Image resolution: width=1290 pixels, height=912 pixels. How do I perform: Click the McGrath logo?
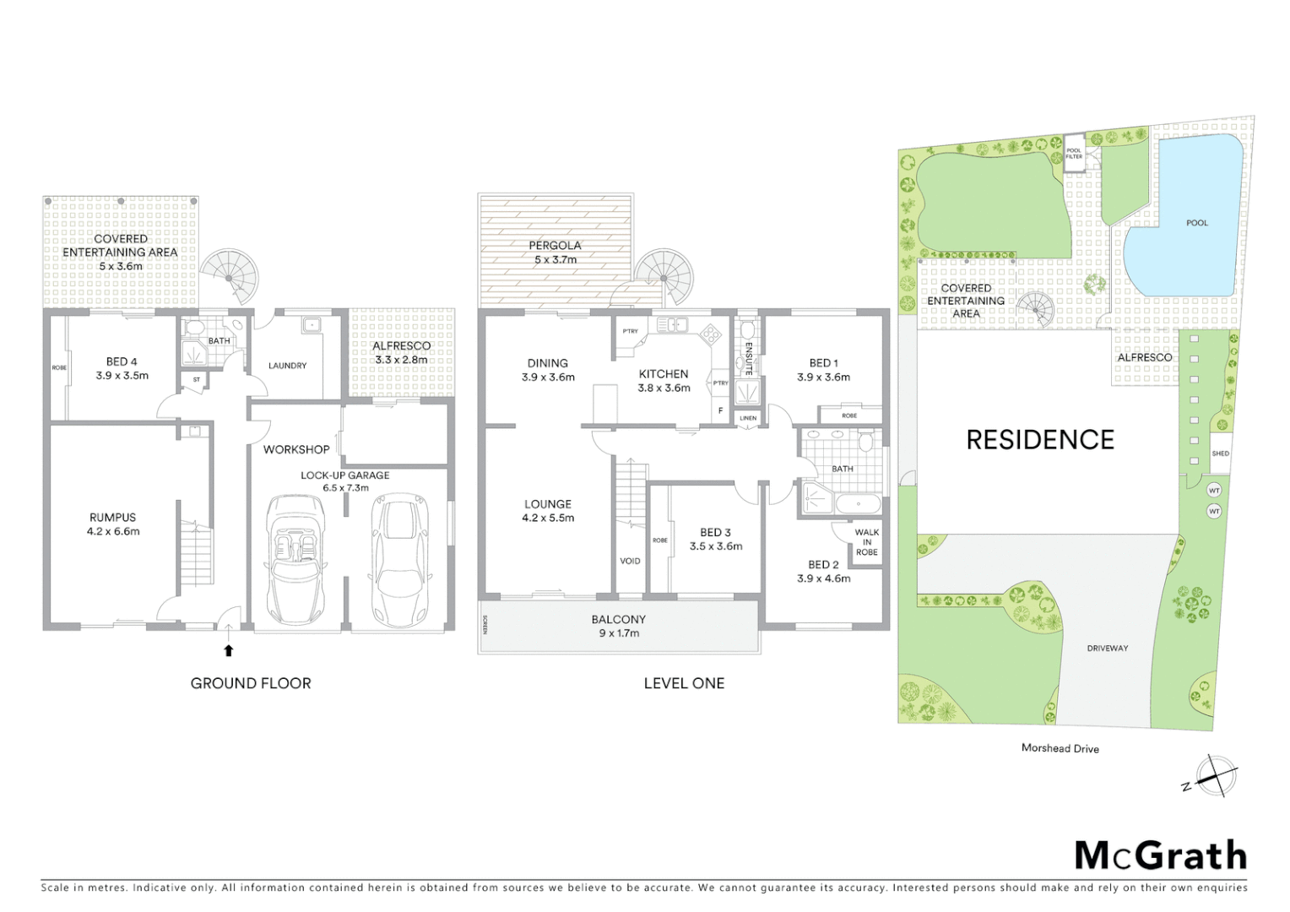coord(1160,855)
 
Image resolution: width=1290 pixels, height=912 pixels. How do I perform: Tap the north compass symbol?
coord(1212,775)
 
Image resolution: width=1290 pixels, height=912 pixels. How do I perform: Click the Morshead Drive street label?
coord(1060,748)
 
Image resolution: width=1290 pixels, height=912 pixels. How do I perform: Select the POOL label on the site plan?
coord(1196,223)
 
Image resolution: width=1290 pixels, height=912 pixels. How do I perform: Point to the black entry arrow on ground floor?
coord(228,649)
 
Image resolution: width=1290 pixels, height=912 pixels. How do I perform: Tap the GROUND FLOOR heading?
coord(251,683)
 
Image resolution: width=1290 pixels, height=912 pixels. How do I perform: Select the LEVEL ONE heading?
coord(684,683)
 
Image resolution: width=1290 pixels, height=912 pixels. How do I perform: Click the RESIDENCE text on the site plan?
coord(1040,439)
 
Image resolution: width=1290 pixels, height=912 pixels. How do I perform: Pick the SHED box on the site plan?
coord(1220,453)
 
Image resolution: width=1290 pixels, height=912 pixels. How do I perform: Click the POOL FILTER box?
coord(1073,153)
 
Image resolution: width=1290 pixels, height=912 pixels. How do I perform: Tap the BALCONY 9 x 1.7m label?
coord(618,626)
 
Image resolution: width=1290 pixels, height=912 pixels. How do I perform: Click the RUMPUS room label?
coord(112,524)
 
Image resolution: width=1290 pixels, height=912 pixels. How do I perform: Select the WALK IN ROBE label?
coord(866,542)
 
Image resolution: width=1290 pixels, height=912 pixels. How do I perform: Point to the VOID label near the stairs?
coord(630,561)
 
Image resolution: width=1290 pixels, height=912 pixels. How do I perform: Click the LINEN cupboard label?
coord(748,418)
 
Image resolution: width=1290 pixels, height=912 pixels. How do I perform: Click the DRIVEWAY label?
coord(1107,649)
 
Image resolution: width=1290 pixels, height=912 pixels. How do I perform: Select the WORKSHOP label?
coord(295,449)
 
